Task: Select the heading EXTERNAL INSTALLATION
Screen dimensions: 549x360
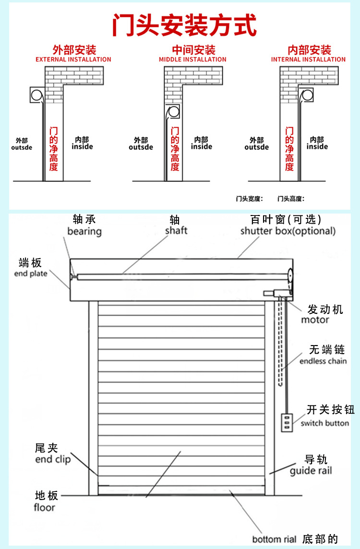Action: point(73,60)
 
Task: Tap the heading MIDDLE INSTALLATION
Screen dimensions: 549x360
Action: point(192,60)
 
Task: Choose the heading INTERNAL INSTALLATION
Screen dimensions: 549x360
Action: point(308,60)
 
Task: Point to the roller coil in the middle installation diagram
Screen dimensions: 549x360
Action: point(173,112)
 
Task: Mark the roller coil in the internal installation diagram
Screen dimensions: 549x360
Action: point(306,95)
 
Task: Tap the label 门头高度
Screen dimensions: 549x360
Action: point(291,198)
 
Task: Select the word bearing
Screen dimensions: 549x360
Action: point(84,231)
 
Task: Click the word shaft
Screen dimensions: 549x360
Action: point(176,231)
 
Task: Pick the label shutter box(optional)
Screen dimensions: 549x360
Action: point(288,231)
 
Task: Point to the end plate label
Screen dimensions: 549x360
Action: point(31,274)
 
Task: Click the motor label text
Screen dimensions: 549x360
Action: point(315,320)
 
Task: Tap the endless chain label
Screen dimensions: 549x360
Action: point(323,361)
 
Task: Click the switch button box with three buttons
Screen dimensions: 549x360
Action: point(287,421)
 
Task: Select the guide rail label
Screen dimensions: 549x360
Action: point(311,471)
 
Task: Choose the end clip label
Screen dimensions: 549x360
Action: point(53,460)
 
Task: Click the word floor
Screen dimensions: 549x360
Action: point(45,507)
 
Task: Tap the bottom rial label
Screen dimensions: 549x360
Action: point(274,539)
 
